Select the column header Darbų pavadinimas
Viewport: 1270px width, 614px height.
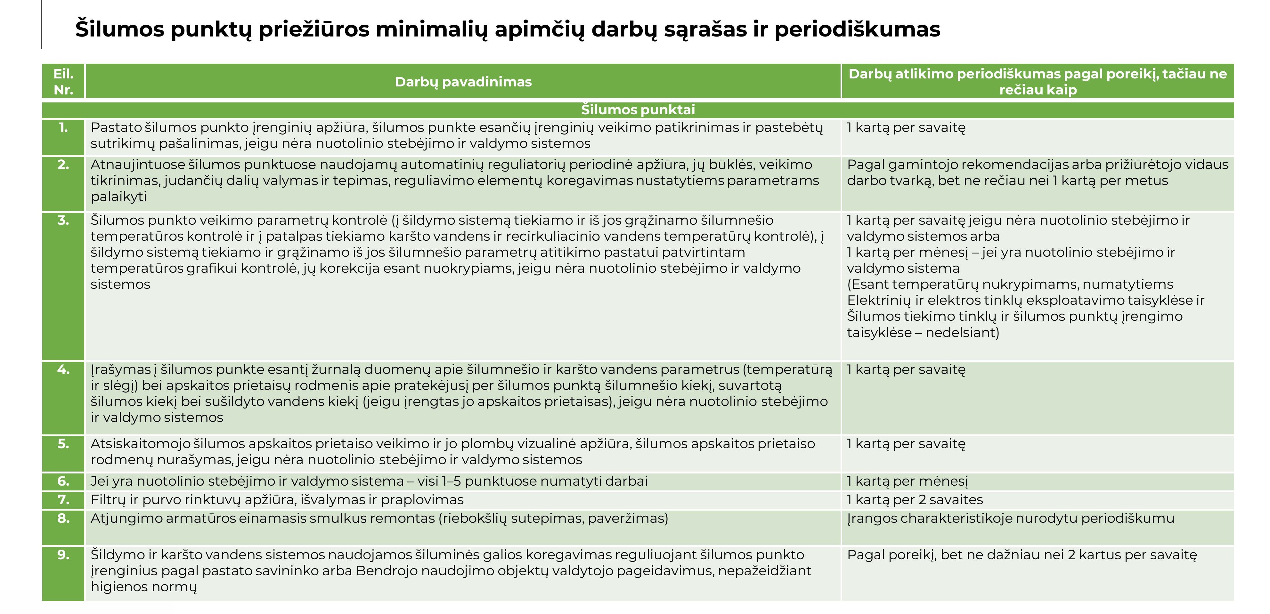[463, 82]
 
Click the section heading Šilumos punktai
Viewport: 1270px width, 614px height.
[638, 109]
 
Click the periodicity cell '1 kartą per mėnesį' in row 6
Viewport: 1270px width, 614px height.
[907, 481]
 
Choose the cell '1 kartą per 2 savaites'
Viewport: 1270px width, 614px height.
[915, 500]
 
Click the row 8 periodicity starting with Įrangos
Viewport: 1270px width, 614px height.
[1010, 518]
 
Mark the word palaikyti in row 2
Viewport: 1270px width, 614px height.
[119, 197]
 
